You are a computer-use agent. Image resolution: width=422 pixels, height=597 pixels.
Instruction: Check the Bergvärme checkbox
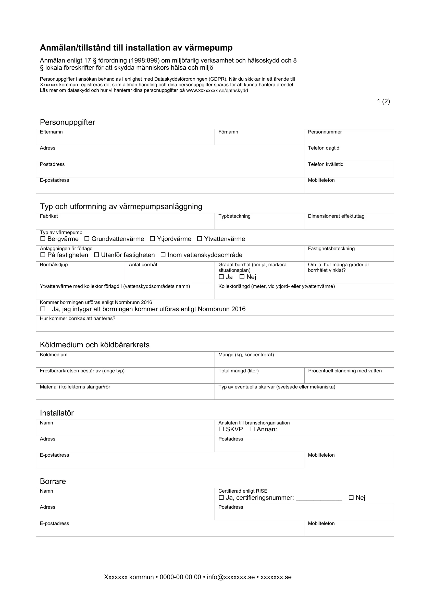pyautogui.click(x=43, y=239)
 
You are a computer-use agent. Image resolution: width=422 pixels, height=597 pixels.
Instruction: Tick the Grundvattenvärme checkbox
pyautogui.click(x=87, y=239)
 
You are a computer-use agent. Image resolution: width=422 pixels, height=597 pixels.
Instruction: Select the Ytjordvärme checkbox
pyautogui.click(x=152, y=239)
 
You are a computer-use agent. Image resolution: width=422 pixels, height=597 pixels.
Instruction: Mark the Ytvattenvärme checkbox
pyautogui.click(x=199, y=239)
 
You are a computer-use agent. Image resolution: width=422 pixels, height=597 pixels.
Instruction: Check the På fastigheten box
pyautogui.click(x=43, y=255)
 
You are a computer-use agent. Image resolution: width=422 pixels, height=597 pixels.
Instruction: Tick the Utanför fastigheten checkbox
pyautogui.click(x=96, y=255)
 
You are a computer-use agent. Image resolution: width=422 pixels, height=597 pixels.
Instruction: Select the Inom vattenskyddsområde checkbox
pyautogui.click(x=163, y=255)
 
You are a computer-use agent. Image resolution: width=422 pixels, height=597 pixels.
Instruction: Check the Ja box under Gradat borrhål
pyautogui.click(x=221, y=277)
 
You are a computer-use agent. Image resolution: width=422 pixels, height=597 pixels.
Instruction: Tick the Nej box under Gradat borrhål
pyautogui.click(x=242, y=277)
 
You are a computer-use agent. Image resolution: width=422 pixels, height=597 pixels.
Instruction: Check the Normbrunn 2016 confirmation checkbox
pyautogui.click(x=43, y=309)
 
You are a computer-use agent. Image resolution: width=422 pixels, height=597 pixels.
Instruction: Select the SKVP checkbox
pyautogui.click(x=221, y=429)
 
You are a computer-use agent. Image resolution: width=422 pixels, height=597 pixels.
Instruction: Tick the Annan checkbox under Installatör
pyautogui.click(x=252, y=429)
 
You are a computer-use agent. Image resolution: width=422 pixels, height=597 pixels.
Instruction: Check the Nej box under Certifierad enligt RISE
pyautogui.click(x=351, y=497)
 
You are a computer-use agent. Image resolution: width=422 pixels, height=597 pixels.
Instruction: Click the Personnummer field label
pyautogui.click(x=325, y=132)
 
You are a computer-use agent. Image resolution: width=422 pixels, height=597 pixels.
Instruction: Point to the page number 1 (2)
pyautogui.click(x=383, y=101)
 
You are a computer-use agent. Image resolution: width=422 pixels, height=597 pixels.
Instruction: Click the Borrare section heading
pyautogui.click(x=53, y=481)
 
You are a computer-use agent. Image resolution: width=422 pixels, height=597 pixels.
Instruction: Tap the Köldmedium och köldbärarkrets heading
pyautogui.click(x=95, y=345)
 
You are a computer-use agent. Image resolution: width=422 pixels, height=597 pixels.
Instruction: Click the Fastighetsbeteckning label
pyautogui.click(x=331, y=249)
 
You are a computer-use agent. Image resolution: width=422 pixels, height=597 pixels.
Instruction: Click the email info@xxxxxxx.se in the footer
pyautogui.click(x=231, y=577)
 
